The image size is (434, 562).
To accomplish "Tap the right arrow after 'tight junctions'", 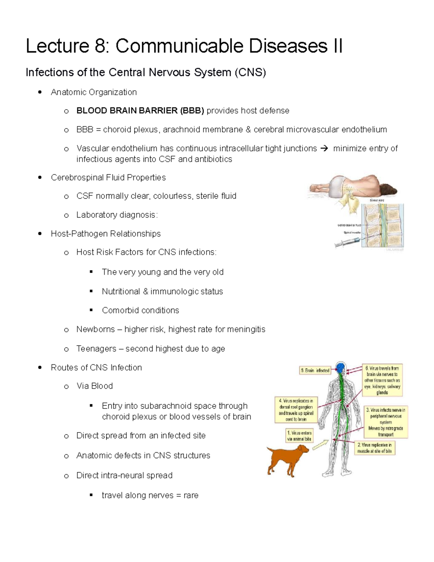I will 325,148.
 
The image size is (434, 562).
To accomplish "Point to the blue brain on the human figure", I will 341,368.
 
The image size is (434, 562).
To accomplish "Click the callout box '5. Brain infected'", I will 315,370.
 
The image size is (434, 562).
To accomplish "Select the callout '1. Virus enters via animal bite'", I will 299,436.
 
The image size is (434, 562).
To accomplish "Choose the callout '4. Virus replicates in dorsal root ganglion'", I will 296,410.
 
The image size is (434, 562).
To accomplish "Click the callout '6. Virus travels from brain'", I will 382,380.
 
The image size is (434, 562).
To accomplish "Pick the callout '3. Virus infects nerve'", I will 386,422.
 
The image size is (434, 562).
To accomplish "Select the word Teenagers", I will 96,349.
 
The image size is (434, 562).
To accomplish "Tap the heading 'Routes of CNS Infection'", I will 96,368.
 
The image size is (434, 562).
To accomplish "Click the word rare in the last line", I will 191,495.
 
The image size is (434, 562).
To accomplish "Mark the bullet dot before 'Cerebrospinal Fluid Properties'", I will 40,177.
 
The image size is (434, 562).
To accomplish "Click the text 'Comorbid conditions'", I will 140,310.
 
